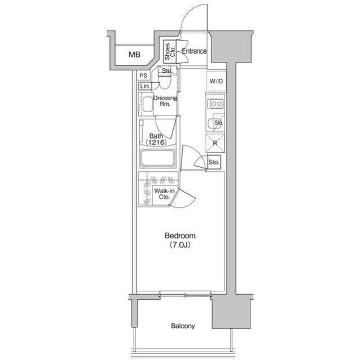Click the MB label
134,55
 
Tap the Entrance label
194,51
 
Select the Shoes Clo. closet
170,51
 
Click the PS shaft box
143,75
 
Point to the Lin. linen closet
145,86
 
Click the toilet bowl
165,82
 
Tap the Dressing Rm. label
165,101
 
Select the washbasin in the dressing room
148,104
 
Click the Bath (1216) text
156,139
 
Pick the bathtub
158,158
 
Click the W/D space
216,81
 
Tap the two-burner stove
215,104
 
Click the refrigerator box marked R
215,143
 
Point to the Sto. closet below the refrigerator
214,162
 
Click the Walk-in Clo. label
164,194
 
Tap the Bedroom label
180,235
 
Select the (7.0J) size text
180,245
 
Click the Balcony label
183,326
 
